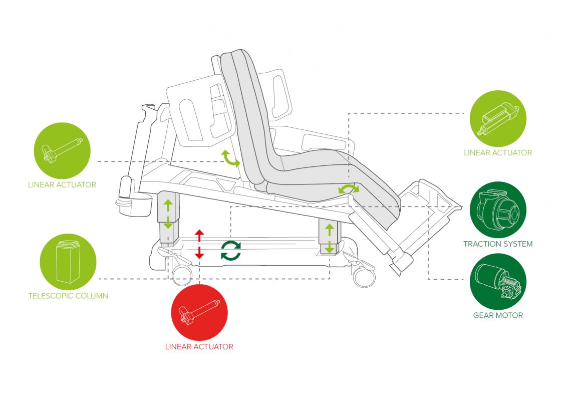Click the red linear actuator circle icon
click(x=199, y=313)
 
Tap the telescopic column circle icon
click(x=68, y=261)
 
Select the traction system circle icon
click(x=498, y=210)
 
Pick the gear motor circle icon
click(x=498, y=281)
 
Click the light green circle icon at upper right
click(x=498, y=119)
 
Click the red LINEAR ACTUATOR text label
click(x=199, y=346)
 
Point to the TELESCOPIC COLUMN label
click(x=68, y=296)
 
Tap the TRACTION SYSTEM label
click(x=498, y=244)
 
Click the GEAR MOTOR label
click(x=498, y=315)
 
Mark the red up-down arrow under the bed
click(x=199, y=244)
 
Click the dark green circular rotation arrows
click(x=231, y=250)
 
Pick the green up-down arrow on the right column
click(x=330, y=238)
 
